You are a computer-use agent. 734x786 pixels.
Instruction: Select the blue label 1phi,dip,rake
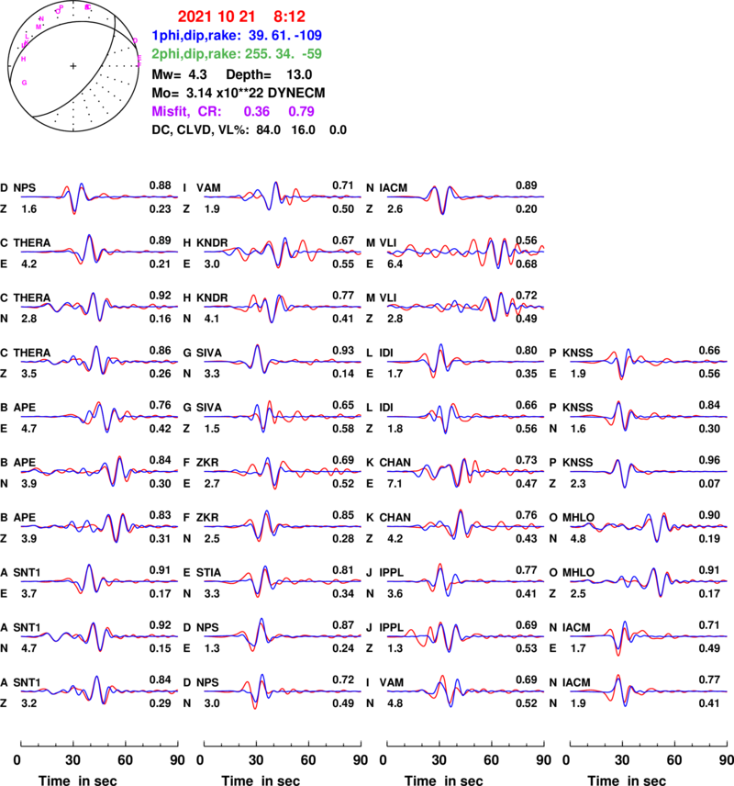[196, 36]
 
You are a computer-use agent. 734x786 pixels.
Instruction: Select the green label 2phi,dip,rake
[196, 54]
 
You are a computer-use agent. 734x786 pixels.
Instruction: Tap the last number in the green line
[312, 54]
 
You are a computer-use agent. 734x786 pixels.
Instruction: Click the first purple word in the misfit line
[171, 111]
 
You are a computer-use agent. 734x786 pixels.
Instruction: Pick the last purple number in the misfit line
[302, 111]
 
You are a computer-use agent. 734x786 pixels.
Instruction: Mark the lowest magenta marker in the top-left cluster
[25, 83]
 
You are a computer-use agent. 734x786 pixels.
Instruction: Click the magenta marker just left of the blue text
[136, 39]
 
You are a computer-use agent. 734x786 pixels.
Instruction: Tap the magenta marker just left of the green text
[139, 61]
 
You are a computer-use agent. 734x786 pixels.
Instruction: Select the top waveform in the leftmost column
[99, 196]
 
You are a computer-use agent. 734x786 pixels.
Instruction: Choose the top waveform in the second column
[283, 196]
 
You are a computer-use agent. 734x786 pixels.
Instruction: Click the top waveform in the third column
[466, 196]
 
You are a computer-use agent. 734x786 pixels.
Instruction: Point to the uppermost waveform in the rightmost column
[650, 361]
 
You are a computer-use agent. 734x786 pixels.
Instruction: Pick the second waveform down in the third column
[466, 250]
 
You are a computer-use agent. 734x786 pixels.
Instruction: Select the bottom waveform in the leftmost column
[99, 691]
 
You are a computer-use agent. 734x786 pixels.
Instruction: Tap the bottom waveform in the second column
[283, 691]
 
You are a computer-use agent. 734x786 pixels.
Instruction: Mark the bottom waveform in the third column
[466, 691]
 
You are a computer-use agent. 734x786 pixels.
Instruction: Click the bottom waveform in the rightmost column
[650, 691]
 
